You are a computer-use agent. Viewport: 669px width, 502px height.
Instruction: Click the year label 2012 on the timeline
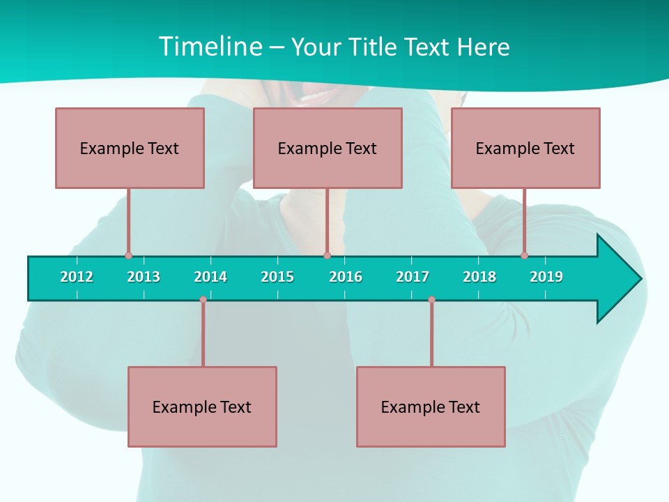(77, 277)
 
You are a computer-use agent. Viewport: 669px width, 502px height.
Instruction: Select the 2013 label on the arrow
(144, 277)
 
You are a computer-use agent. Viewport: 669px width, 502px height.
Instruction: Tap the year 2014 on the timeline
(210, 277)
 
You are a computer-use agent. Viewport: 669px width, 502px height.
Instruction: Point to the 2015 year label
(277, 277)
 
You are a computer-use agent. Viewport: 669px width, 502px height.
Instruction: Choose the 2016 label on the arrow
(346, 277)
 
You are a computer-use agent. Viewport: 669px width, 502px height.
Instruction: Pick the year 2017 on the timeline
(413, 277)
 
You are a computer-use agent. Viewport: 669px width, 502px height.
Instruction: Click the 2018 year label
(479, 277)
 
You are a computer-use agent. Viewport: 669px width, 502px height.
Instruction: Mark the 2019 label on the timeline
(546, 277)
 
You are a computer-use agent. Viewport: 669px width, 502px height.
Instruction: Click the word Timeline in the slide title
(208, 47)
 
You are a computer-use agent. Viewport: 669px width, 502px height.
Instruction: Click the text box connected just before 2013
(130, 148)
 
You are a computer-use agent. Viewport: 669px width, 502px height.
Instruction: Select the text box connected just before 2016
(328, 148)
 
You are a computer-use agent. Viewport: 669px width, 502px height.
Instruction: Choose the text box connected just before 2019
(525, 148)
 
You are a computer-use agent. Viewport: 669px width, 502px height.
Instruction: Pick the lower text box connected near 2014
(202, 406)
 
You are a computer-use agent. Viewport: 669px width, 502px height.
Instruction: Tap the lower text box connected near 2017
(431, 406)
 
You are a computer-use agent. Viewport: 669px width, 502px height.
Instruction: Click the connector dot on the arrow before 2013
(128, 255)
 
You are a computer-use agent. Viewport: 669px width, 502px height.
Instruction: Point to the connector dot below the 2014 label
(203, 300)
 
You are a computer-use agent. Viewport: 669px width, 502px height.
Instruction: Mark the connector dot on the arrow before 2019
(524, 255)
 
